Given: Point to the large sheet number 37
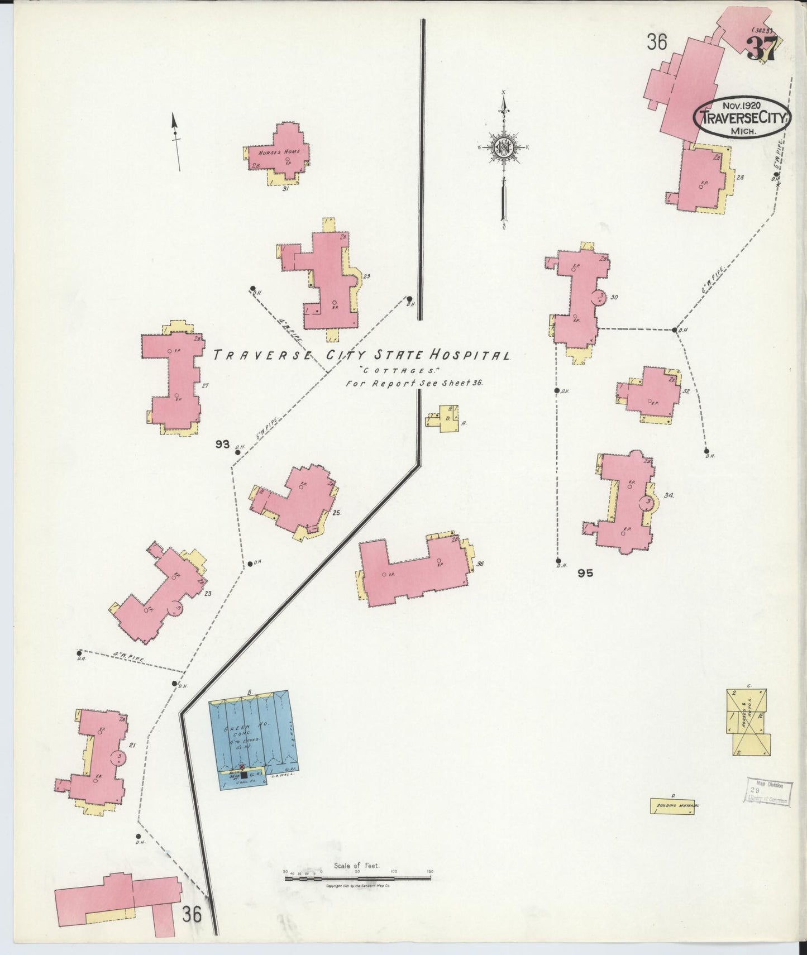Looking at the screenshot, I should [x=762, y=49].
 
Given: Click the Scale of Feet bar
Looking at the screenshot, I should [x=357, y=878].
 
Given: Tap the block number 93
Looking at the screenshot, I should [x=223, y=444].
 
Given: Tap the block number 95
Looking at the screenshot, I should [x=585, y=572].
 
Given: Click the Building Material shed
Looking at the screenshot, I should [x=673, y=806].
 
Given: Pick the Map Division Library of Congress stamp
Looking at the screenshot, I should [x=768, y=792].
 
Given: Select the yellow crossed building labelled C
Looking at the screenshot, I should [x=748, y=722].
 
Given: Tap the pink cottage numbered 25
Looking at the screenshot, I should [x=296, y=500].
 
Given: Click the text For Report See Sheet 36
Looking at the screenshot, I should [x=413, y=383].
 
